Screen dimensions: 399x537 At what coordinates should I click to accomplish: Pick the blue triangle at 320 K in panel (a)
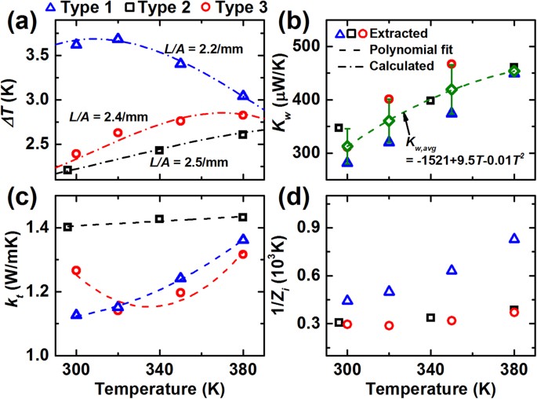click(118, 38)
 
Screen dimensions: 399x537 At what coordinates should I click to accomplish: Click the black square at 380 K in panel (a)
click(243, 134)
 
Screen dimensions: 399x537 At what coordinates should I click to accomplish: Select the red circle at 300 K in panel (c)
click(76, 270)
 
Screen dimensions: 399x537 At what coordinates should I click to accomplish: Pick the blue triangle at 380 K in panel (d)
click(514, 239)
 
